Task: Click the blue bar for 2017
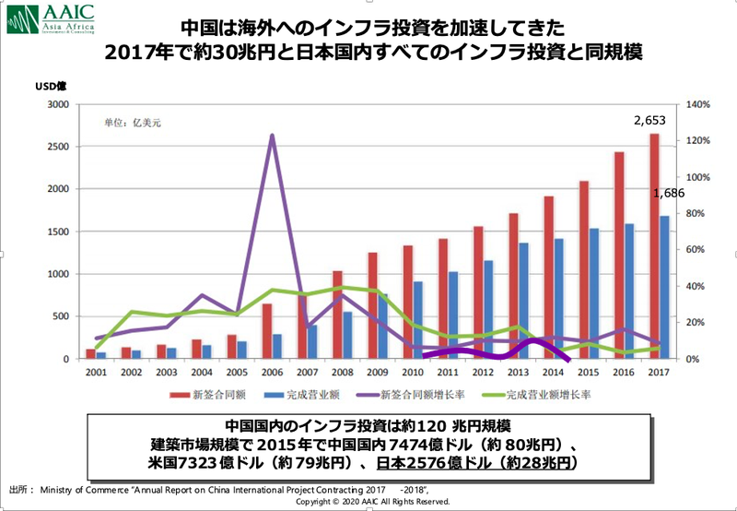[664, 287]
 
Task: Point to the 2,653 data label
[650, 120]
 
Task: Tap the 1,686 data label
[668, 194]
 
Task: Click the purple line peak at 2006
[272, 136]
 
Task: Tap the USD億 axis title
[49, 89]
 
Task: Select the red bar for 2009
[372, 305]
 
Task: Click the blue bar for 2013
[523, 301]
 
